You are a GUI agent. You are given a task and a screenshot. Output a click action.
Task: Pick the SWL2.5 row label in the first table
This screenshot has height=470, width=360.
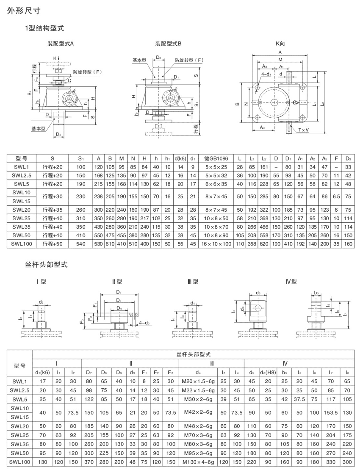[21, 175]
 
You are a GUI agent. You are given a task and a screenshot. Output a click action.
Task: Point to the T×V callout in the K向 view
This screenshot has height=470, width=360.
[303, 130]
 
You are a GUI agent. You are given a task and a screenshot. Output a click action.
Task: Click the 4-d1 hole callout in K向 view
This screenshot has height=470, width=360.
[266, 74]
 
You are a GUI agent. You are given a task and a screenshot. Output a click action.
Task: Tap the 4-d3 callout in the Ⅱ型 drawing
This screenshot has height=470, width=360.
[144, 323]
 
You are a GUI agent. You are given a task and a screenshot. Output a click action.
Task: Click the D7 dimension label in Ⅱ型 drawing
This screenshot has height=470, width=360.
[118, 292]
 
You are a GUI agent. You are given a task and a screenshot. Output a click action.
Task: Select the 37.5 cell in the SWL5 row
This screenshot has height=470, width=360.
[299, 399]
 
